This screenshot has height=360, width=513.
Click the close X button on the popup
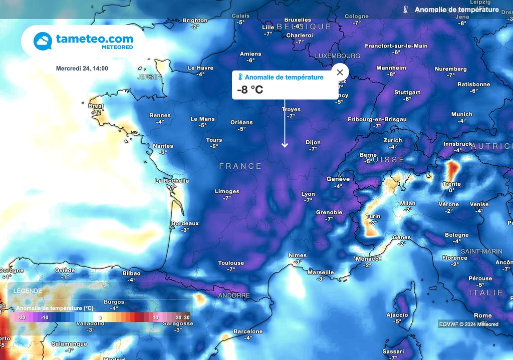[340, 72]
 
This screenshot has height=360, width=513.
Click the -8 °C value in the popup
[250, 90]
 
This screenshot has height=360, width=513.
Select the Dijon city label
[313, 142]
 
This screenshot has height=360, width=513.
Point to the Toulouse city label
[231, 263]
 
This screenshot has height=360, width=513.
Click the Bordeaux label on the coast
[185, 223]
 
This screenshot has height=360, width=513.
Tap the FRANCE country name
[240, 166]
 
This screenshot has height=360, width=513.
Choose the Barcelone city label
[248, 331]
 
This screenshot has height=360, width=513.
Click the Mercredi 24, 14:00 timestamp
[82, 69]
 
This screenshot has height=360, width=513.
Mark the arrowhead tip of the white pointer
[285, 147]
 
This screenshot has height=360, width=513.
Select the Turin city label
[373, 216]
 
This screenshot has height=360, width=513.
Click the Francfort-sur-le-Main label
[396, 46]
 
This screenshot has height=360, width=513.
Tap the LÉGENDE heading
[28, 291]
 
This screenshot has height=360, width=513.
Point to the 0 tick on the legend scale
[100, 317]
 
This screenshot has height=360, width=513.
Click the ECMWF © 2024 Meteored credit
[469, 324]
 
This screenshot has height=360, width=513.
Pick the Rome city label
[482, 315]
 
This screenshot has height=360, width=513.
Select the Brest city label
[96, 106]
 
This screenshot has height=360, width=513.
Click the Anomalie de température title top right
[456, 10]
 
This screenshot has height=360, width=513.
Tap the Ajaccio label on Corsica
[397, 315]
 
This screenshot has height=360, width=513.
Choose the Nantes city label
[163, 146]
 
